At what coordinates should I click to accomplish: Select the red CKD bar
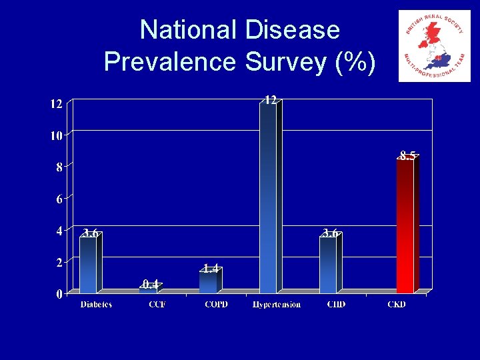[405, 227]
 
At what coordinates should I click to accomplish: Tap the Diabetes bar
[88, 265]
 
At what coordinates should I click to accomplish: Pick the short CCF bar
[148, 290]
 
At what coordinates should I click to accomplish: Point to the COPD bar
[208, 282]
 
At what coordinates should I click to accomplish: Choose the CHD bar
[328, 265]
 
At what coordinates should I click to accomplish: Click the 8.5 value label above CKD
[408, 155]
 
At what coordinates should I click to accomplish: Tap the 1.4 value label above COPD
[211, 268]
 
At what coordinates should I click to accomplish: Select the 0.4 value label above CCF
[151, 285]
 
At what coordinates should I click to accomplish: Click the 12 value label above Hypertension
[270, 100]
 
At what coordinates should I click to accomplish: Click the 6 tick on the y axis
[59, 199]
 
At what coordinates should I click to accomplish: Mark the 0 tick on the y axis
[59, 294]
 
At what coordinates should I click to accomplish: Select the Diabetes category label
[96, 305]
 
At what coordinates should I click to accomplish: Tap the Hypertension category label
[277, 305]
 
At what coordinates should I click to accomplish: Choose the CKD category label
[397, 305]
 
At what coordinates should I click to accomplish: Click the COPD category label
[216, 305]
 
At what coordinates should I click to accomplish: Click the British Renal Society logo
[434, 46]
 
